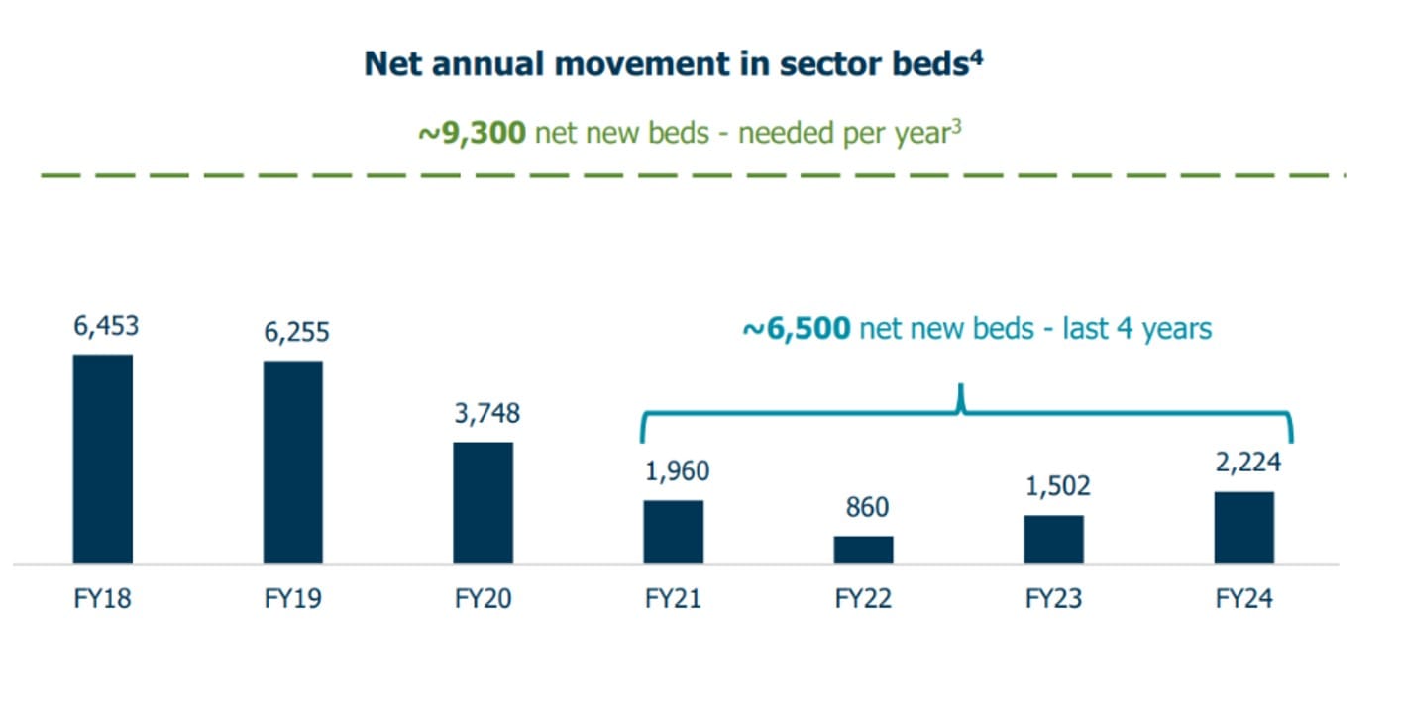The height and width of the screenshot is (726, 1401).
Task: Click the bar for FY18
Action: click(103, 459)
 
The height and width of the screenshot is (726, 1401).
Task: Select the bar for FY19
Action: click(292, 462)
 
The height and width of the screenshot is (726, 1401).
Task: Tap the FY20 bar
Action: click(484, 502)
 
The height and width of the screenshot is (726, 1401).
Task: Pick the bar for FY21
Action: click(674, 532)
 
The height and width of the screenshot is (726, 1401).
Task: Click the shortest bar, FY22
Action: click(863, 550)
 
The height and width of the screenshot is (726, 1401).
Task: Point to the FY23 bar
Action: click(1053, 539)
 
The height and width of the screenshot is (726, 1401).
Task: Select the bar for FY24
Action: click(1244, 527)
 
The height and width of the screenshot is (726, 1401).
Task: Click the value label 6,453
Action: click(106, 326)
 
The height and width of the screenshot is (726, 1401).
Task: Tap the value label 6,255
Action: click(296, 332)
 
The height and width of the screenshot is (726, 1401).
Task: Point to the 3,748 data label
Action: click(486, 413)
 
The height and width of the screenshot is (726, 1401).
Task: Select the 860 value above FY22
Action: click(867, 507)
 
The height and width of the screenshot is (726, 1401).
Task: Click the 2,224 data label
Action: click(1247, 463)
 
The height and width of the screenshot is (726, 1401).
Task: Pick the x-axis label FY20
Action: click(483, 599)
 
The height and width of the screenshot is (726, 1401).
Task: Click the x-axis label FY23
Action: click(1053, 599)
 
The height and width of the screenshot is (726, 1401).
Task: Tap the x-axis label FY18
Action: click(102, 599)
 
